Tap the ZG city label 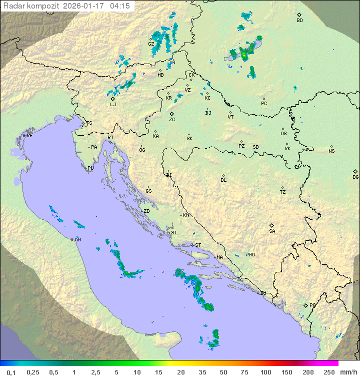(172, 120)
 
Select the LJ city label (113, 105)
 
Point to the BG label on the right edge (355, 177)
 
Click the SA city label (272, 231)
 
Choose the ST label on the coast (198, 245)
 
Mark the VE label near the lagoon (29, 136)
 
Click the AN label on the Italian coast (77, 240)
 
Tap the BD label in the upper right (299, 21)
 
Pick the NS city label (331, 151)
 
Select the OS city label (283, 134)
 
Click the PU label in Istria (90, 168)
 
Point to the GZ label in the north (151, 44)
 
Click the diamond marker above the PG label (306, 305)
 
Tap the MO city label (251, 255)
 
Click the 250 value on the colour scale (328, 372)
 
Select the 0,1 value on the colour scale (11, 372)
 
